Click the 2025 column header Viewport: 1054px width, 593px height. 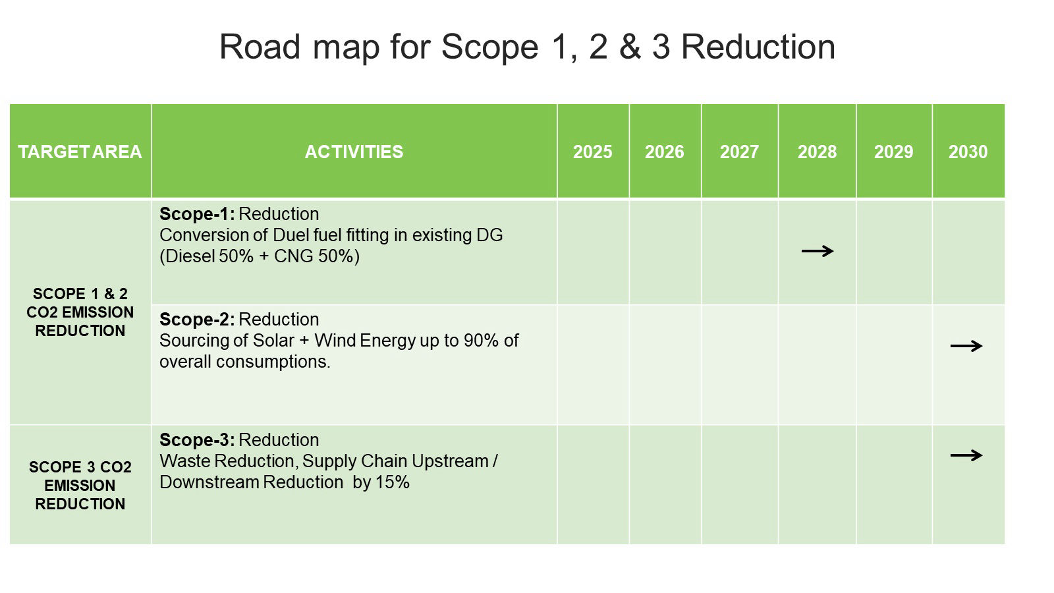coord(592,152)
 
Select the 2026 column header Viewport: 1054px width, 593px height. coord(664,152)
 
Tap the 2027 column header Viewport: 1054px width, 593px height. coord(739,152)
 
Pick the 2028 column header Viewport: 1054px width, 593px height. coord(817,152)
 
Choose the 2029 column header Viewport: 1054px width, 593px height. coord(893,152)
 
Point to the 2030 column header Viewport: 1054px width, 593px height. coord(968,152)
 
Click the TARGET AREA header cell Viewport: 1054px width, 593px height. coord(80,152)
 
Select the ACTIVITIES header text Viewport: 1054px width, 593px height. coord(354,152)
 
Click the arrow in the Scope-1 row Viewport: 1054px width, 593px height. coord(818,251)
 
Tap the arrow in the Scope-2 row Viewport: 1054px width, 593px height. coord(966,346)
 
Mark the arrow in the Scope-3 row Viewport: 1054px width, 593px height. coord(966,455)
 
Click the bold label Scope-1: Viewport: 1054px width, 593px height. coord(197,214)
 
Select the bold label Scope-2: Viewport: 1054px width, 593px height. coord(197,320)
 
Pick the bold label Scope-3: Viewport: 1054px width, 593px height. coord(197,440)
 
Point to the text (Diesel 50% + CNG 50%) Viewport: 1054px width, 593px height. coord(260,256)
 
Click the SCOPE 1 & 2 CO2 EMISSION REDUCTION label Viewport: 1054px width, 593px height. coord(80,312)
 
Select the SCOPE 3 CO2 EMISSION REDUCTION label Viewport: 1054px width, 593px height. coord(80,486)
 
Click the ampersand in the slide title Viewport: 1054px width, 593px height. coord(630,47)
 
